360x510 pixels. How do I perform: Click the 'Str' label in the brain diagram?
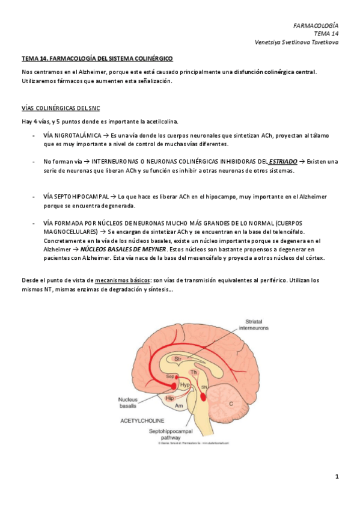coord(178,359)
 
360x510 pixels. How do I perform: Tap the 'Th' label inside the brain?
coord(194,373)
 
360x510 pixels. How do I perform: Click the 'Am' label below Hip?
coord(178,406)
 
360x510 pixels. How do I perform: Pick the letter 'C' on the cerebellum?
coord(231,404)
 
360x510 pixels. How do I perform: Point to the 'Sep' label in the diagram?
coord(169,376)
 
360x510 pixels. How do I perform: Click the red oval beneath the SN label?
coord(204,397)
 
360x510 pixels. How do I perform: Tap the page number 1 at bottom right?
coord(337,477)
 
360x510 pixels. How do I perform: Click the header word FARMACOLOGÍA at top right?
coord(316,25)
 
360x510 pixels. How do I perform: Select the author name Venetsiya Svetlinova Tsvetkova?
coord(297,42)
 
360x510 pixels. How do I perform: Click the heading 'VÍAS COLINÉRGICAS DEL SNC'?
coord(61,108)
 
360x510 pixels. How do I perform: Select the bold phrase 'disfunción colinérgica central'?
coord(275,72)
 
